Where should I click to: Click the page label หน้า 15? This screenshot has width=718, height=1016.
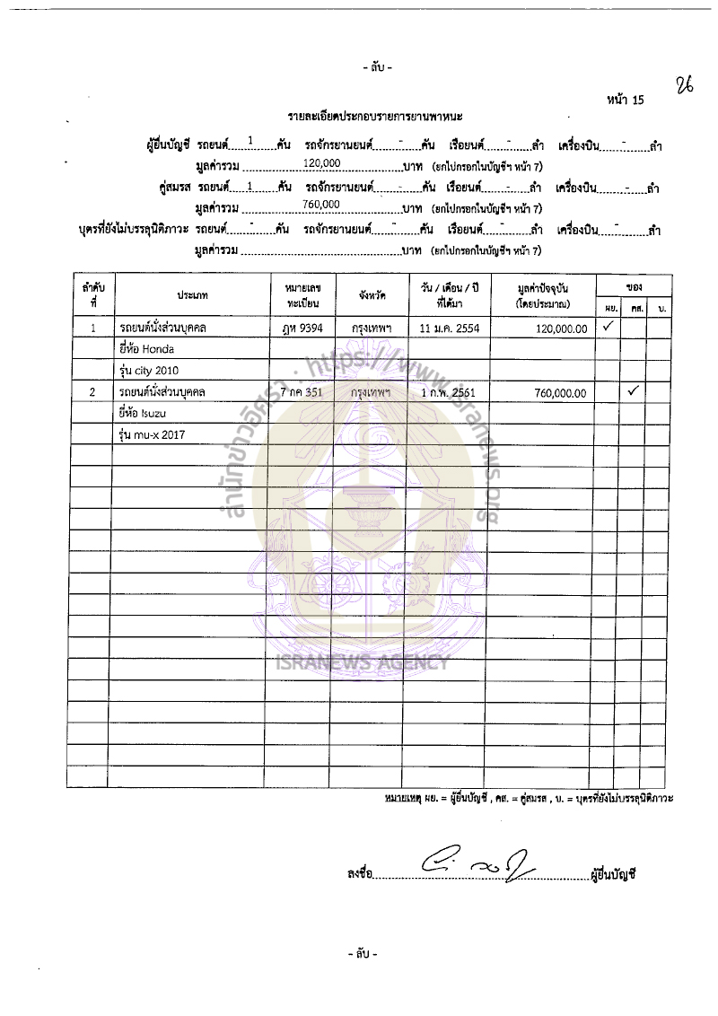click(x=626, y=100)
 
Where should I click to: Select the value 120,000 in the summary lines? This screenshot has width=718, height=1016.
click(x=321, y=162)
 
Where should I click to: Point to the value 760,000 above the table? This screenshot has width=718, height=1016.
click(x=321, y=205)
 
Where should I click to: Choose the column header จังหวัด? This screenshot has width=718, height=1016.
click(x=369, y=294)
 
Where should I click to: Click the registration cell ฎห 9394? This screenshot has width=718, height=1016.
click(x=302, y=328)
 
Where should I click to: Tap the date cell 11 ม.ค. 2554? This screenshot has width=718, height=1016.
click(x=449, y=328)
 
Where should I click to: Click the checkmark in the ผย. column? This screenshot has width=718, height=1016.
click(x=607, y=327)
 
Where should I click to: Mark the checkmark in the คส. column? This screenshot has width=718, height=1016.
click(x=633, y=391)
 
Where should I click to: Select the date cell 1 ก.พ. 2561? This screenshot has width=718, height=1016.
click(x=449, y=393)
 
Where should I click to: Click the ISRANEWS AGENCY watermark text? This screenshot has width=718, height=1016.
click(x=370, y=664)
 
